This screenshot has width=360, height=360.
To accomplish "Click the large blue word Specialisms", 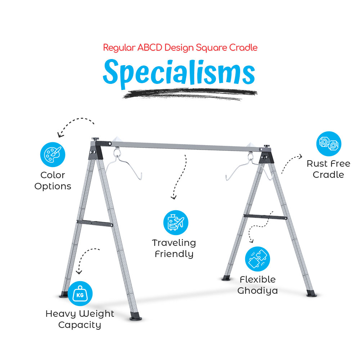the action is [x=179, y=73].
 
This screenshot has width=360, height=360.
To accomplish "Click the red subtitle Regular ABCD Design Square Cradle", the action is [x=180, y=48].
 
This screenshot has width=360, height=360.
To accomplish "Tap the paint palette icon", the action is [x=53, y=154].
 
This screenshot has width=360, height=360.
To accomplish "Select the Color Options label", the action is [x=53, y=181].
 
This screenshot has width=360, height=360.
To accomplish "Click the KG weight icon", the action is [x=80, y=294].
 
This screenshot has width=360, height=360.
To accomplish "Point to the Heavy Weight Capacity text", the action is [x=80, y=319].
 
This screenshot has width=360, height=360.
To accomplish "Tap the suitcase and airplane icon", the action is [x=176, y=223].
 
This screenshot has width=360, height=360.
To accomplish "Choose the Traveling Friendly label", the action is [x=174, y=248].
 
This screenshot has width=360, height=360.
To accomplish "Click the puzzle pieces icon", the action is [x=258, y=259].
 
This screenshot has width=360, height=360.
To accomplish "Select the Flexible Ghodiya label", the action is [x=258, y=285].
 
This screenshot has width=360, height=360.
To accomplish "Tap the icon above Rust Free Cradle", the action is [x=329, y=144].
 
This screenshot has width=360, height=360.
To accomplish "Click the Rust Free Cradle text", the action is [x=329, y=169].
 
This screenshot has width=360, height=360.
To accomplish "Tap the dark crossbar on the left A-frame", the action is [x=95, y=223].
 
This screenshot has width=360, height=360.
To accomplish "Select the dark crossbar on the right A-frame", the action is [x=265, y=217].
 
